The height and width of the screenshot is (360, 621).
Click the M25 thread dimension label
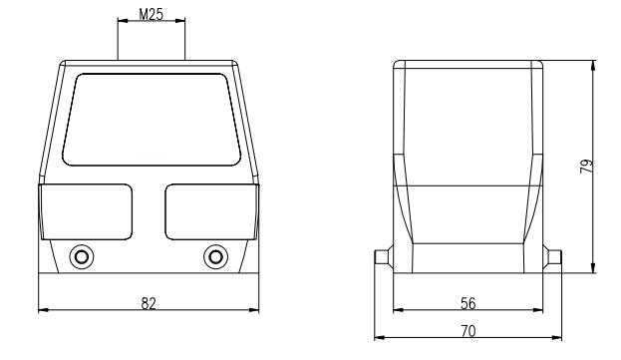151,14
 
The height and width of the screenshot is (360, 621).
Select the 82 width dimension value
149,303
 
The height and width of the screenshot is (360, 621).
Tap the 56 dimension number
467,303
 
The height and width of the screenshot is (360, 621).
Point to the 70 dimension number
467,331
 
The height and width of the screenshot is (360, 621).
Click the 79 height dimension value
586,166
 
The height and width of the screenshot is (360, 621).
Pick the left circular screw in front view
82,257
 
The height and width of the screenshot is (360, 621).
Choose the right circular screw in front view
216,257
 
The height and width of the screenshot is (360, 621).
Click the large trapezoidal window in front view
152,120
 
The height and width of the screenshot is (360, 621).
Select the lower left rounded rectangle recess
87,211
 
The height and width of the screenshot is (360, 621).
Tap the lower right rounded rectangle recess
211,211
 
